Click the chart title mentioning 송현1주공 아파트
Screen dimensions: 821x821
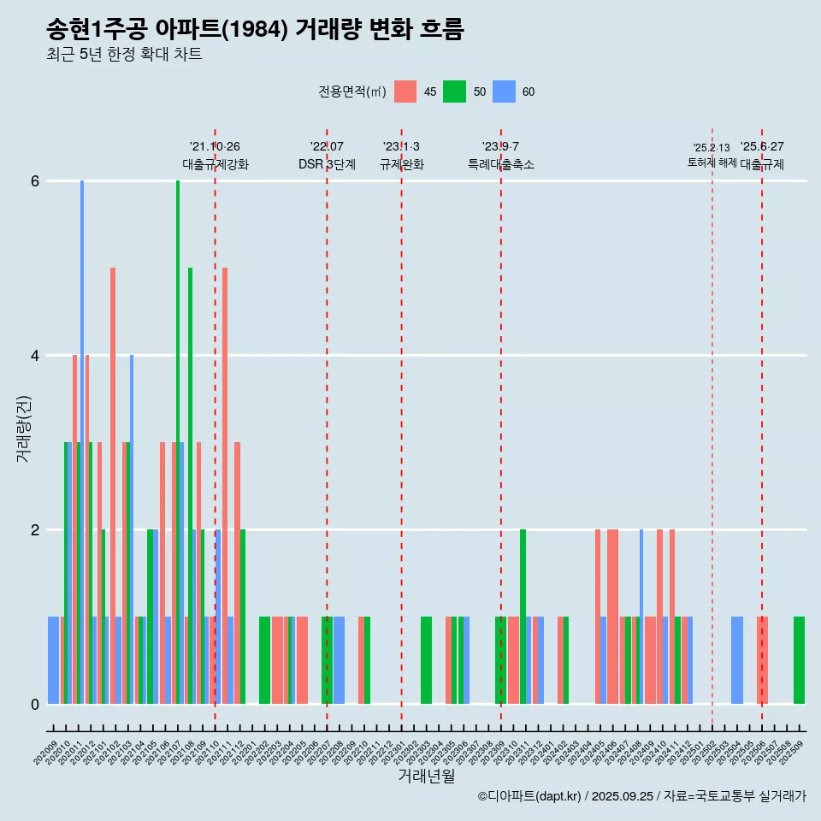tap(255, 30)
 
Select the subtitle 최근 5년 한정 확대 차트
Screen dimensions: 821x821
tap(124, 56)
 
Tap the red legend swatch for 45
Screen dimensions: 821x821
tap(405, 92)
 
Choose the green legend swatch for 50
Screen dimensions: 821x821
tap(454, 92)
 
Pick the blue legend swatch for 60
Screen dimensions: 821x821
tap(504, 92)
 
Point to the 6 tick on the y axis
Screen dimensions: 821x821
tap(35, 181)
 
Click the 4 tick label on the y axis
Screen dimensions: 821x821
tap(35, 356)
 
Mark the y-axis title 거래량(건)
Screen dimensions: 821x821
tap(23, 428)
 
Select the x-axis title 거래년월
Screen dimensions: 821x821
tap(426, 775)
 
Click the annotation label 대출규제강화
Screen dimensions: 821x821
tap(215, 164)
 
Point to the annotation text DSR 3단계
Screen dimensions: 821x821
tap(327, 164)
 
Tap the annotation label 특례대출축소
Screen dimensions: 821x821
tap(500, 164)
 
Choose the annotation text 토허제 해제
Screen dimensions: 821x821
tap(712, 162)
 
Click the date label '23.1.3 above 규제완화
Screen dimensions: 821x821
tap(401, 147)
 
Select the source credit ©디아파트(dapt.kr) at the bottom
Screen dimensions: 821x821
tap(530, 796)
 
